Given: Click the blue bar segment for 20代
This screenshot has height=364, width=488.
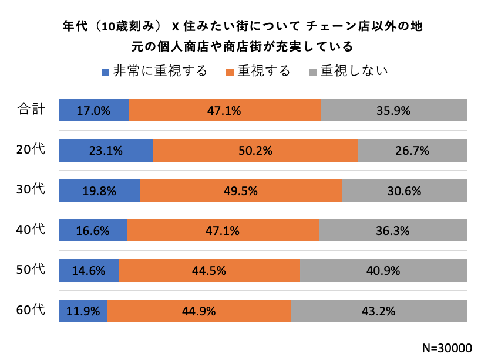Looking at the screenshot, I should (x=106, y=151).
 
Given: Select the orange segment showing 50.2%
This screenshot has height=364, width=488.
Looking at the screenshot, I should (x=255, y=151).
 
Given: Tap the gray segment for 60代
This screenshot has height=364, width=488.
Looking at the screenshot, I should (x=379, y=310).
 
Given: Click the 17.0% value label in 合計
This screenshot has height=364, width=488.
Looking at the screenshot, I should (x=93, y=111).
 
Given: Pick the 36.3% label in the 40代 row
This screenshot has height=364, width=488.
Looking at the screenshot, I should (x=392, y=230).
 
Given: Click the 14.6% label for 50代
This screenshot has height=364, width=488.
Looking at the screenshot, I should (x=89, y=270).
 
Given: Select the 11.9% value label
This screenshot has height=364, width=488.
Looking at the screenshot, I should (x=83, y=310).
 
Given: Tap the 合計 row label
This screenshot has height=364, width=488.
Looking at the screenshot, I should (x=31, y=110).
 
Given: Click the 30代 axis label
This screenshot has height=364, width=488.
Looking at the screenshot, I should (x=31, y=189).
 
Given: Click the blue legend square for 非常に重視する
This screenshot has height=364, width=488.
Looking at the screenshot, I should (x=106, y=72).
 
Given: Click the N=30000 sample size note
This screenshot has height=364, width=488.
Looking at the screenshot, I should (x=447, y=348).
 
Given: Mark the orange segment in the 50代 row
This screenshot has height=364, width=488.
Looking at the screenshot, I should (x=209, y=270).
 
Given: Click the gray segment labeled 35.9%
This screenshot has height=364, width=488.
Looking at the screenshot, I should (x=393, y=111).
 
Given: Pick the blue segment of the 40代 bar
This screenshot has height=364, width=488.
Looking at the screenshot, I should (x=93, y=230).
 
